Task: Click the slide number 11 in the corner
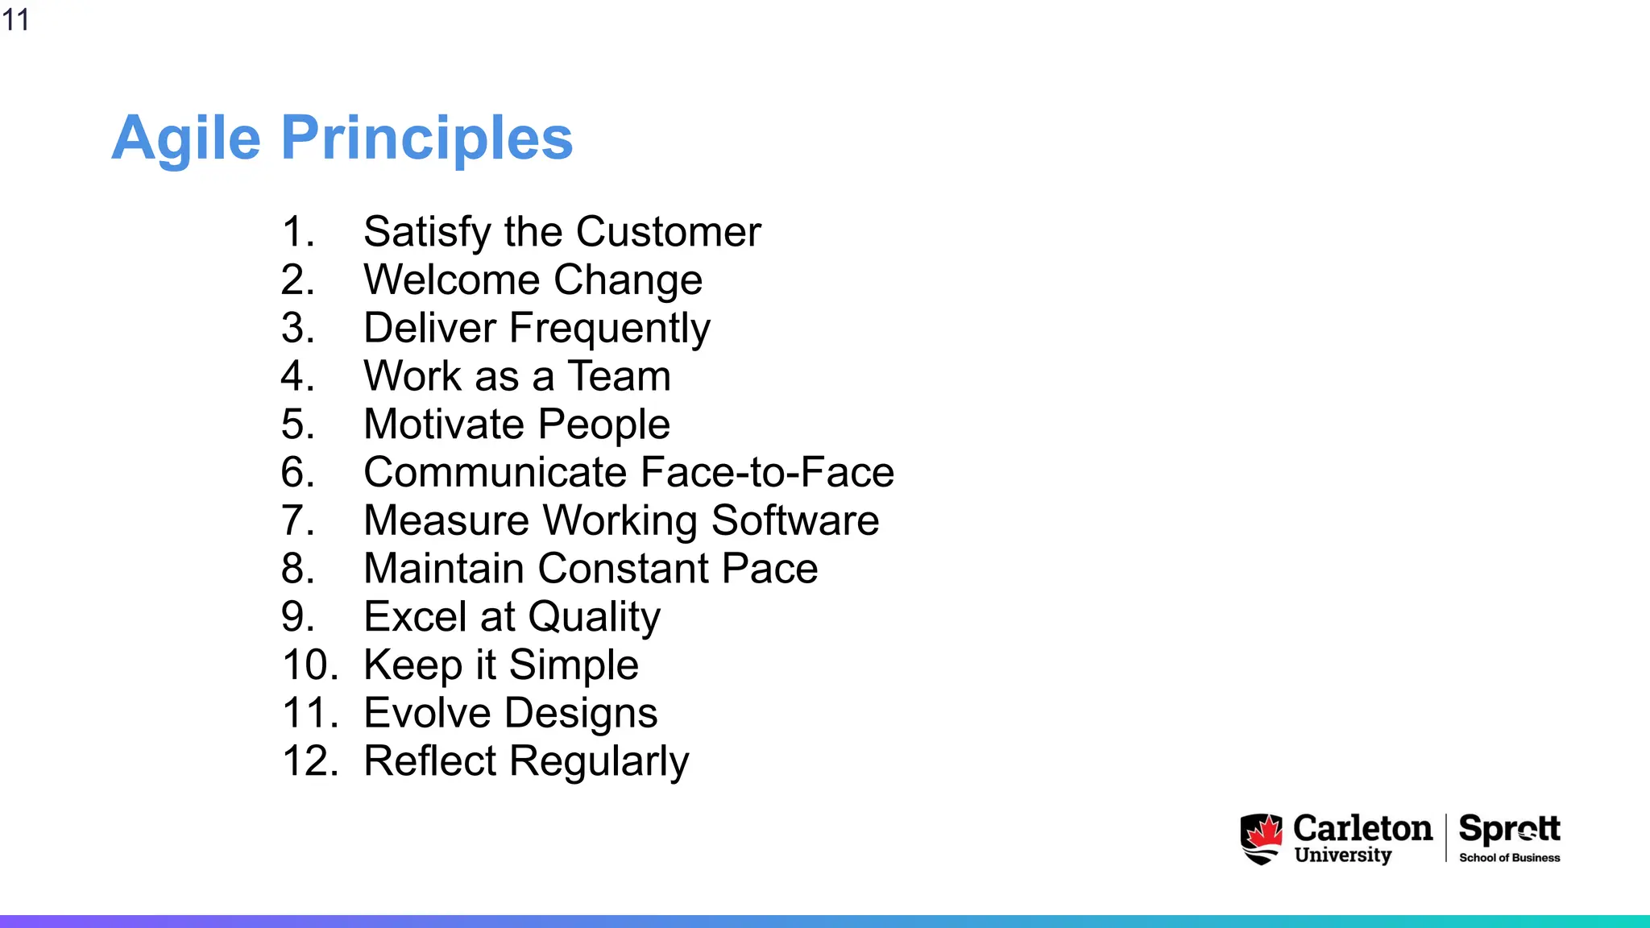pos(15,19)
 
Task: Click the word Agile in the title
pos(186,139)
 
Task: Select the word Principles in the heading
pos(426,139)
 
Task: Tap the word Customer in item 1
pos(668,232)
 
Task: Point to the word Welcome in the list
pos(451,280)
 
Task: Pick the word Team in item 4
pos(619,376)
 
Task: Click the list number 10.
pos(310,665)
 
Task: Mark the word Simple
pos(573,665)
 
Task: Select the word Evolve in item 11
pos(427,714)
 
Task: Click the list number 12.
pos(310,761)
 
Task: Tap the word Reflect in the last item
pos(430,761)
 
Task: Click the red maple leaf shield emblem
pos(1261,839)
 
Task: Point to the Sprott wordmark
pos(1509,829)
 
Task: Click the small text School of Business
pos(1509,858)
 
